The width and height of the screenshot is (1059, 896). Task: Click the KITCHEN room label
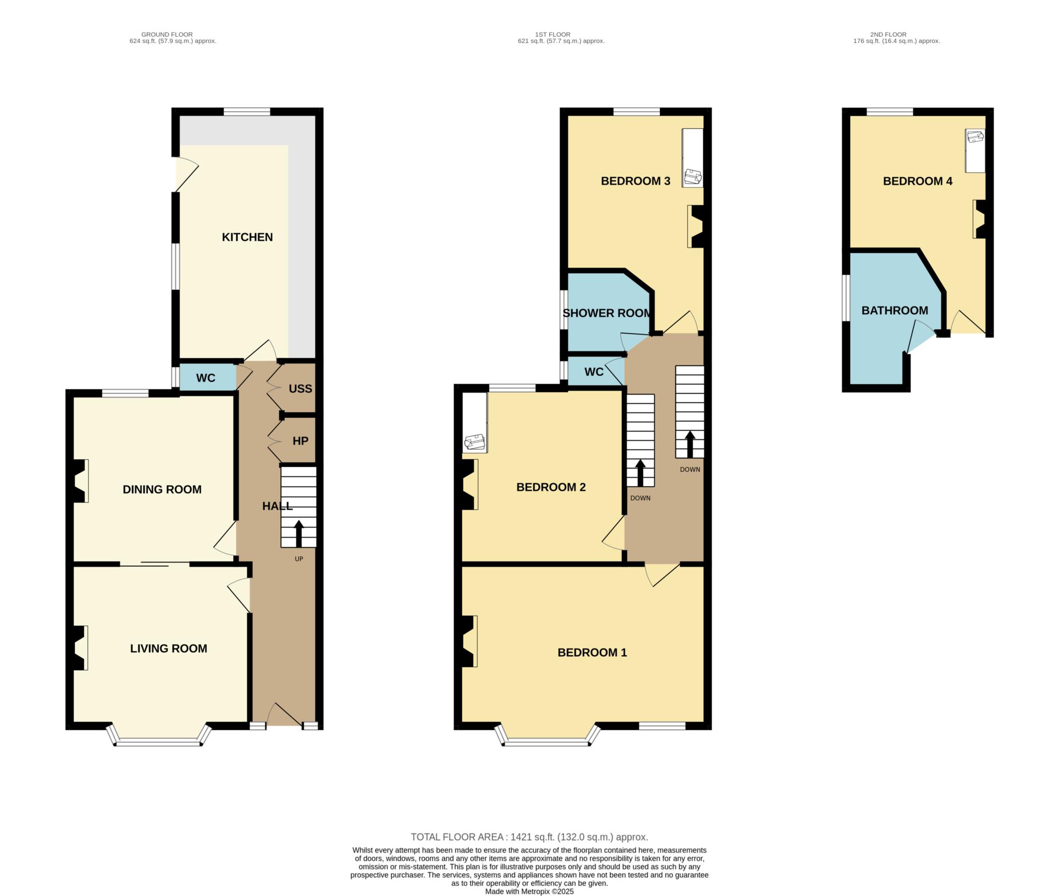point(247,237)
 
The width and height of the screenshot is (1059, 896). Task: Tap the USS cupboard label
point(300,389)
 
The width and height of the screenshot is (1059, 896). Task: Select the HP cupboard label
point(300,441)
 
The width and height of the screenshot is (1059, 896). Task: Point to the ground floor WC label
point(205,378)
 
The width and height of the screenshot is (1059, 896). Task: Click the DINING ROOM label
point(162,489)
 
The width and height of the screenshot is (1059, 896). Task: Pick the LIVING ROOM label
point(169,648)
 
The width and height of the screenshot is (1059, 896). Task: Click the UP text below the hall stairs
point(299,559)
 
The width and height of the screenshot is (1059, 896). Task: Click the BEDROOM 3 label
point(636,181)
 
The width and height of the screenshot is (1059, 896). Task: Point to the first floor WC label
point(594,372)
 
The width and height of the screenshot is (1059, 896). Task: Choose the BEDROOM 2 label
point(551,487)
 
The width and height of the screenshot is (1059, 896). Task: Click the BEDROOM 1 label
point(592,653)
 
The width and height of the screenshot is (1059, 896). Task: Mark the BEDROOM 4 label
point(918,181)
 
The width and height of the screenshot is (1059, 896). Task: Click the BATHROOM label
point(895,311)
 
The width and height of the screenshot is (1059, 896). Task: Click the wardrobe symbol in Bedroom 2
point(475,423)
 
